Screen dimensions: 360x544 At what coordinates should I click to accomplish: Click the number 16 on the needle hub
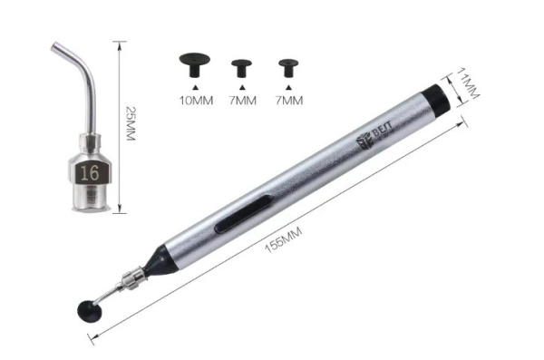89,170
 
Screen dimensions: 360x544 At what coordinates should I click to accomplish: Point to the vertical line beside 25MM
119,128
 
